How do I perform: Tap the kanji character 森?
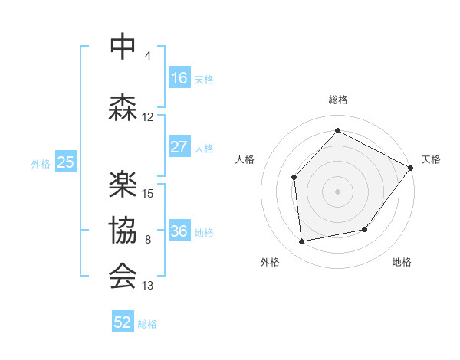coord(123,106)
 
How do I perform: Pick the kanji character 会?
coord(123,275)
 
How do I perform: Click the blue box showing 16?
coord(179,78)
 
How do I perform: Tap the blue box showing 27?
coord(179,147)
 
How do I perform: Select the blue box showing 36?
coord(179,231)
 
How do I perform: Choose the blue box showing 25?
coord(66,162)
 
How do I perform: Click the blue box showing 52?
coord(123,322)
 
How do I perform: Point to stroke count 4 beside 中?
coord(148,56)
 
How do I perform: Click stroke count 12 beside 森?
coord(148,117)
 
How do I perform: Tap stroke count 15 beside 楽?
coord(149,194)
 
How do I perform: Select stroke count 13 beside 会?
coord(148,286)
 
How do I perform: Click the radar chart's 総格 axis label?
coord(337,100)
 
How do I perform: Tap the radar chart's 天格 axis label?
coord(431,159)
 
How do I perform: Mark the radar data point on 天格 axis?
coord(410,168)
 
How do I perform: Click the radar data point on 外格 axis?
coord(302,242)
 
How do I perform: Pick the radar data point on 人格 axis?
coord(294,178)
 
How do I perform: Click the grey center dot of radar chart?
coord(337,191)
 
